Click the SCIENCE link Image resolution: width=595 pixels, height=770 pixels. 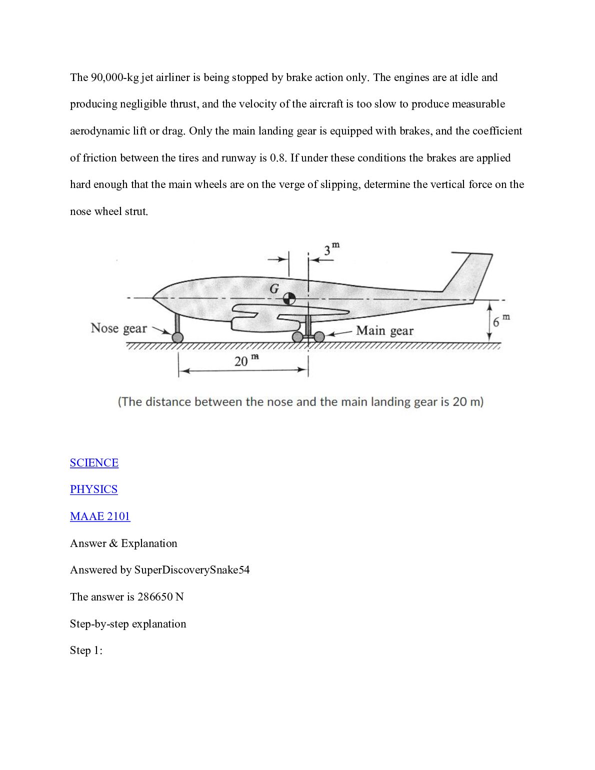(x=94, y=462)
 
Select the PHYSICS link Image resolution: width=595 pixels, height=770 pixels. (x=93, y=489)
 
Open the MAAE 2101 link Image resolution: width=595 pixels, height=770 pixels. (x=100, y=516)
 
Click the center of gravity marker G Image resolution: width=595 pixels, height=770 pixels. (x=289, y=299)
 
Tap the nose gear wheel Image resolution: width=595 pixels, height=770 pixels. (x=177, y=337)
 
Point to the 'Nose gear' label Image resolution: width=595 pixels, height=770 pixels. (x=119, y=328)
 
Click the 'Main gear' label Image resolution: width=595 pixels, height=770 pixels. (x=384, y=330)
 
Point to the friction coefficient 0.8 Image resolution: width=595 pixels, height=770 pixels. (x=277, y=158)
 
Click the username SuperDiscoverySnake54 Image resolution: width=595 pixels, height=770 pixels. (x=192, y=570)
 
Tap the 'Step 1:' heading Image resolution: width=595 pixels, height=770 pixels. (x=86, y=650)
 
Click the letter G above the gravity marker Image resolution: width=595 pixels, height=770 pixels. (x=274, y=288)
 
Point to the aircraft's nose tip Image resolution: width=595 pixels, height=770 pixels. (x=152, y=298)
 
